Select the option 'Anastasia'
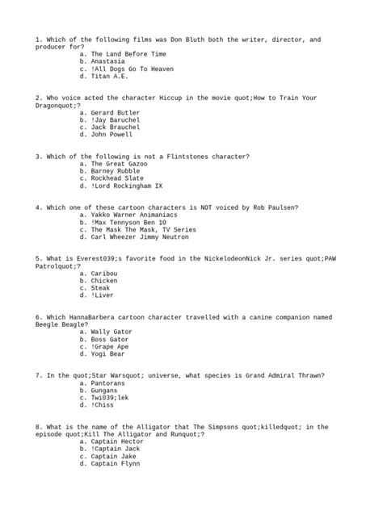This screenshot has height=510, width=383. [109, 61]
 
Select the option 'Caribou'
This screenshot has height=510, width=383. [105, 274]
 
